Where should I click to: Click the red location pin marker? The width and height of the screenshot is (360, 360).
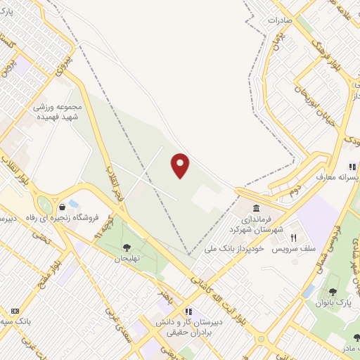[x=181, y=166]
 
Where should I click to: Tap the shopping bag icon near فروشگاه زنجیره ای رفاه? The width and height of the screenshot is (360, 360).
[x=63, y=206]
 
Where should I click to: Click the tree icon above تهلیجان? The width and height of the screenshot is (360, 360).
[x=127, y=247]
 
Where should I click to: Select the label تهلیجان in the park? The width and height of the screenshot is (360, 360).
[x=127, y=259]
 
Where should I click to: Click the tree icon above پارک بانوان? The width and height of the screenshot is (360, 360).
[x=333, y=292]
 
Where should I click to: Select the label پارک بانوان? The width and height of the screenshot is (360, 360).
[x=333, y=304]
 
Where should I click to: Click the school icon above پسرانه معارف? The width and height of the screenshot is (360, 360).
[x=350, y=167]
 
